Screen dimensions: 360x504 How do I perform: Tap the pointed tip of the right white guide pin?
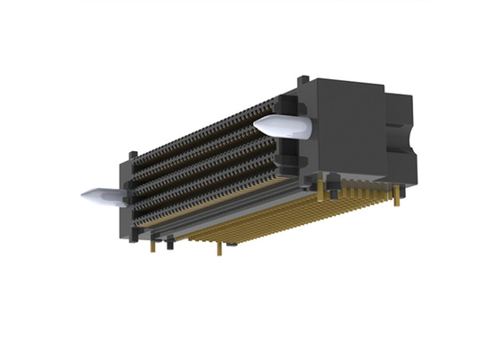(257, 122)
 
